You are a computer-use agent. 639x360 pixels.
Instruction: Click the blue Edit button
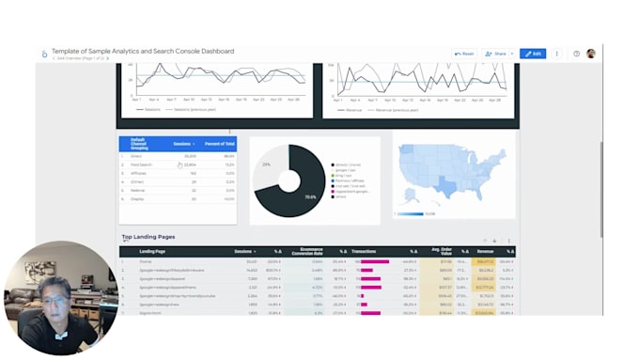point(533,54)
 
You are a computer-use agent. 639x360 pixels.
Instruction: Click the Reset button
point(463,54)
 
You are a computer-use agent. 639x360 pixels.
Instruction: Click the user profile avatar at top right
point(591,54)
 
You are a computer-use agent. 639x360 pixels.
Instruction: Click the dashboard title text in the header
point(143,52)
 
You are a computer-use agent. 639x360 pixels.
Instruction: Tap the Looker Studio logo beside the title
point(44,55)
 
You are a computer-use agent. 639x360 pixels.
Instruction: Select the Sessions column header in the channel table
point(183,144)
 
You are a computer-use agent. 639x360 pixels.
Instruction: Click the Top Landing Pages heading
point(148,237)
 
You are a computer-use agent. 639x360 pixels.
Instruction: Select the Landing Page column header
point(153,252)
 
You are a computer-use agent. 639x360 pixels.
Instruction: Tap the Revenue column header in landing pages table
point(485,252)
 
